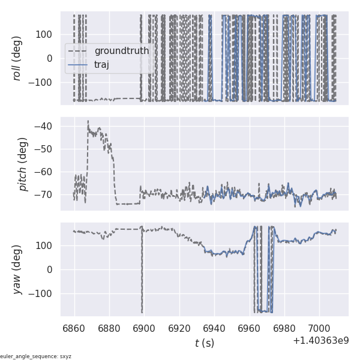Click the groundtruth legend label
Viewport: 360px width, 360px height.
122,51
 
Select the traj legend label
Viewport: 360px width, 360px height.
102,64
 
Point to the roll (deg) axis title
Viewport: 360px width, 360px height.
17,58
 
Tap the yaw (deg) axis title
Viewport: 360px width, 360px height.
17,269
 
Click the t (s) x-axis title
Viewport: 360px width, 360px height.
204,343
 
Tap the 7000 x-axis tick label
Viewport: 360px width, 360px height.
319,328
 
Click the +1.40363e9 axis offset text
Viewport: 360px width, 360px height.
321,340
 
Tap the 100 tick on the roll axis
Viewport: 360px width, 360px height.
46,34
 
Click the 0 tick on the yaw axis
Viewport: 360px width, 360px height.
52,269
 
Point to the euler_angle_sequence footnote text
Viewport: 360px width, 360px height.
36,356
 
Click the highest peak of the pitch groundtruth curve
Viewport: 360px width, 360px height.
88,121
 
